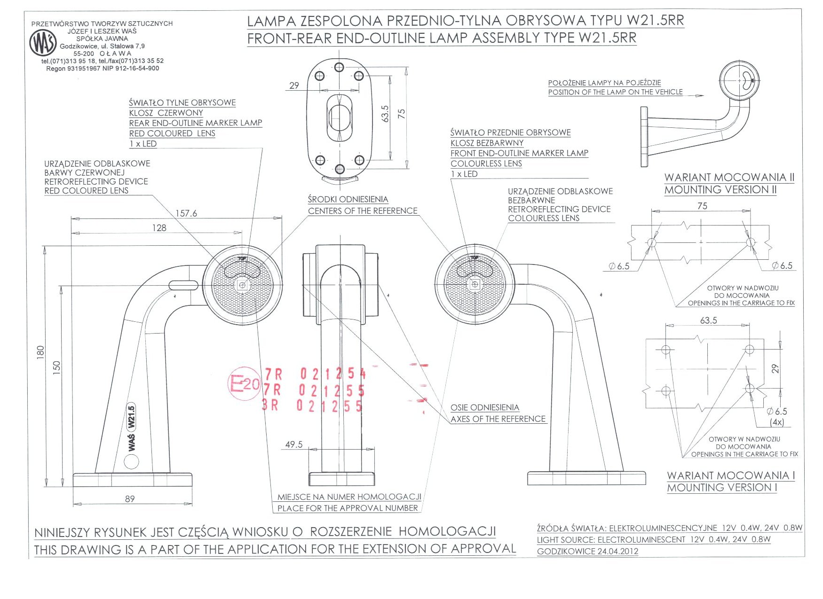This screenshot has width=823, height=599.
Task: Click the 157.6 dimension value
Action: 186,213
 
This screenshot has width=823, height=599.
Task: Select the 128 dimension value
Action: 159,228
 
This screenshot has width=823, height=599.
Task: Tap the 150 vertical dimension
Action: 56,367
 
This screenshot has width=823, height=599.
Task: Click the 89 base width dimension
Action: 130,499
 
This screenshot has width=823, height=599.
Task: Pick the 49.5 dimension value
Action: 294,444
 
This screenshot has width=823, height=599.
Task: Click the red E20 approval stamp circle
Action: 244,383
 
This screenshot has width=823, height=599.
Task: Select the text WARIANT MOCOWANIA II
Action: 729,178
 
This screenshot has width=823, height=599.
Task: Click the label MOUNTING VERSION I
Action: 722,488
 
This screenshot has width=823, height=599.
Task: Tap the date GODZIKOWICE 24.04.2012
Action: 587,551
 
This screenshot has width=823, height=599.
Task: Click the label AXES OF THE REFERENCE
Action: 498,419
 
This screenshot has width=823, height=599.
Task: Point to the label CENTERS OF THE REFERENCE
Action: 363,211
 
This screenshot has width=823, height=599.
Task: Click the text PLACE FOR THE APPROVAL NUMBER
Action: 348,508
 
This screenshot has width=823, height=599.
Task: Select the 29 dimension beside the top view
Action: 294,86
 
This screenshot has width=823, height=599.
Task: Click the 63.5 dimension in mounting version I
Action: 708,320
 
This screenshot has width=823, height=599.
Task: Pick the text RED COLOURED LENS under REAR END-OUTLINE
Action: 172,133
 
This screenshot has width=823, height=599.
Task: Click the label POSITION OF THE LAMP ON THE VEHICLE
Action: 615,92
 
